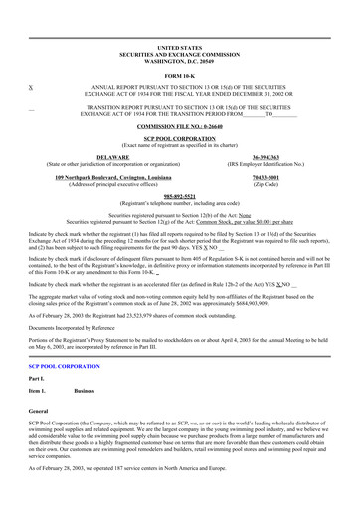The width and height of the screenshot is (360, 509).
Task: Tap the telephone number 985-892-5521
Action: point(179,196)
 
